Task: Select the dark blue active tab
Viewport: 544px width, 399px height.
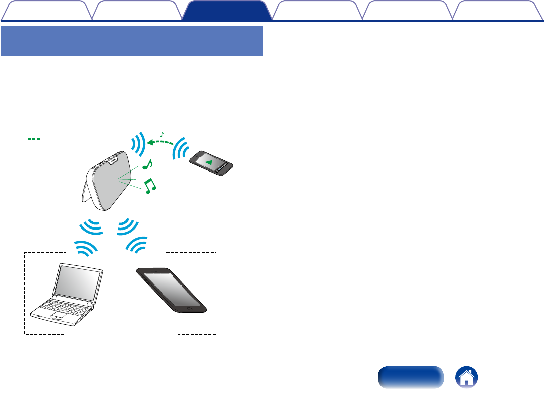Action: click(225, 11)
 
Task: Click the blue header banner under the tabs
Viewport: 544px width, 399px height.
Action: click(132, 41)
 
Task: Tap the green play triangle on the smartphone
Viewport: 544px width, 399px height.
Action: click(211, 161)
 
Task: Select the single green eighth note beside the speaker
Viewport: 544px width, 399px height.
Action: click(148, 164)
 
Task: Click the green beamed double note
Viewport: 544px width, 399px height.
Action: click(150, 186)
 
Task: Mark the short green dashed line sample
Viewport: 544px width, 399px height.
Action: click(34, 139)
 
